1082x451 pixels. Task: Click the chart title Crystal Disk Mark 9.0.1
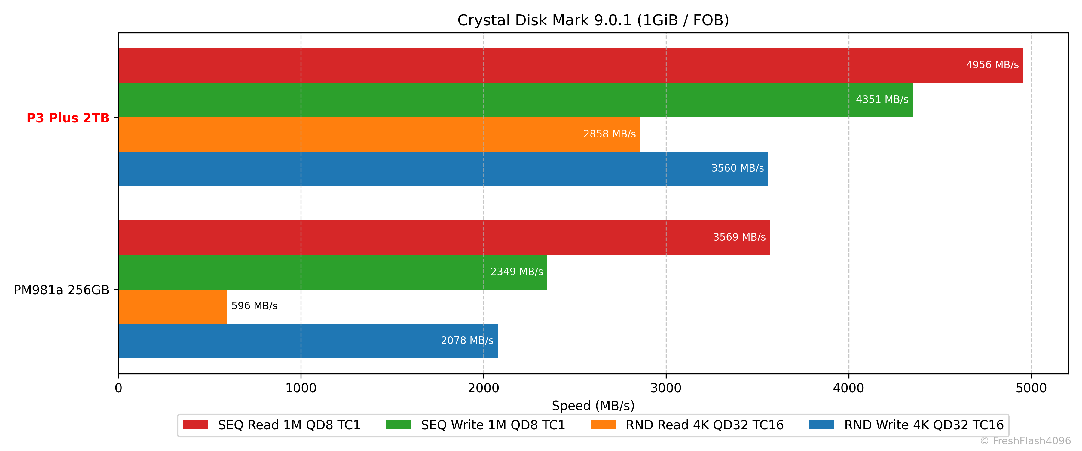tap(593, 20)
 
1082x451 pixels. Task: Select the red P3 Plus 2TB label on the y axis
tap(68, 118)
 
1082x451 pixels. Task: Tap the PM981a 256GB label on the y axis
tap(61, 290)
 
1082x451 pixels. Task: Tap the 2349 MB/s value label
tap(516, 272)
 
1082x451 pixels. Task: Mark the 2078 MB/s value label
tap(467, 340)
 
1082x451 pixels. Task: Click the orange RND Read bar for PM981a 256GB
tap(173, 306)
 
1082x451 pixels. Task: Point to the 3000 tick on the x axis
tap(666, 388)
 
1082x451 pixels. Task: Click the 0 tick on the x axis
tap(118, 388)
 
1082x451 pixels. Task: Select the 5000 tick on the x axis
tap(1031, 388)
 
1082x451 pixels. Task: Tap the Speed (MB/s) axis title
tap(593, 406)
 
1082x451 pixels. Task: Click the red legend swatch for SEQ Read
tap(195, 425)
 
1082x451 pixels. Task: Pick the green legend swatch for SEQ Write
tap(398, 425)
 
